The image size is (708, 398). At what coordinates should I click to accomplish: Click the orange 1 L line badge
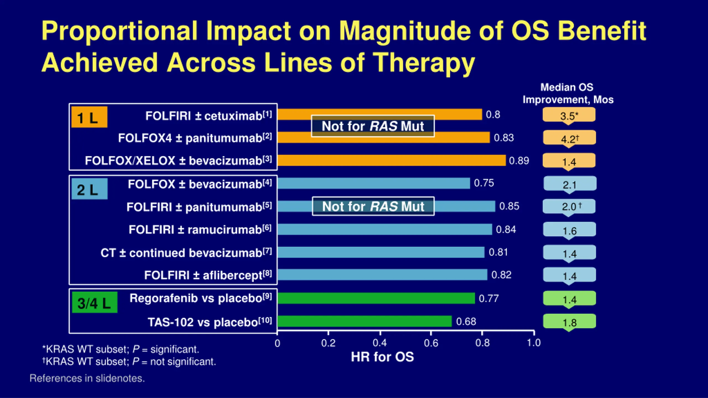89,117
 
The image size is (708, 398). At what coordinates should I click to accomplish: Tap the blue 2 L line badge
89,189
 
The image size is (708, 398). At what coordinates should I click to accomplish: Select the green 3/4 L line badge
94,303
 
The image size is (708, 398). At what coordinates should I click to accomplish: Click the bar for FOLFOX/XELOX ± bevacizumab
391,161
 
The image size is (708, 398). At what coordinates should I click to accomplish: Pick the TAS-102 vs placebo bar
364,321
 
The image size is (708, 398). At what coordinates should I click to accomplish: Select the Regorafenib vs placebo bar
376,298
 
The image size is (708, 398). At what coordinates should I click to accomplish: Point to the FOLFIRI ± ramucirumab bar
384,229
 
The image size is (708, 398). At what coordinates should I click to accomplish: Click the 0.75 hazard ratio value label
484,183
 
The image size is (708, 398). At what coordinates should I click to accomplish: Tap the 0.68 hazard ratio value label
466,322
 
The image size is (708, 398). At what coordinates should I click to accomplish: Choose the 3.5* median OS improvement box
569,115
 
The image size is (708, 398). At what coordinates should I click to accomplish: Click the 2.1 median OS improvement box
570,184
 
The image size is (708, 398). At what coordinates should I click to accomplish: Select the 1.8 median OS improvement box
569,322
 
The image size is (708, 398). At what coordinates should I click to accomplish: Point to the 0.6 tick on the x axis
431,343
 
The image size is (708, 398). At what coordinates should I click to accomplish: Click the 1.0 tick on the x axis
533,343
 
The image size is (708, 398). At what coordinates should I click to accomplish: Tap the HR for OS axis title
382,357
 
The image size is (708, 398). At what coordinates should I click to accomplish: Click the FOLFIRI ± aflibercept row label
208,275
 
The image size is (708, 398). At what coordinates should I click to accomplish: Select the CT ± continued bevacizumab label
186,253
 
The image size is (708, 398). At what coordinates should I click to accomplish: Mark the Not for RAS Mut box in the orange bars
373,126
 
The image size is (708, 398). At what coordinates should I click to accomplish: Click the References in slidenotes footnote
87,378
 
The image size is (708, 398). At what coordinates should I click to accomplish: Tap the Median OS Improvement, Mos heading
568,93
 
